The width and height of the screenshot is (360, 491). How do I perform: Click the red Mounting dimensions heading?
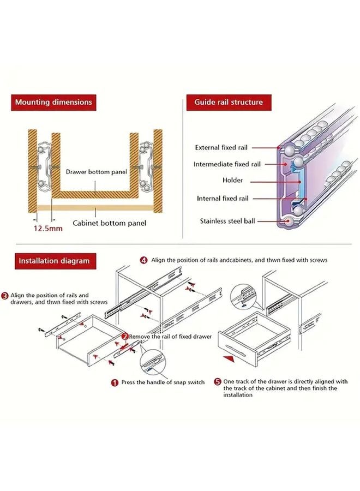53,102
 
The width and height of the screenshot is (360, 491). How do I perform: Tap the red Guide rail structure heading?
229,102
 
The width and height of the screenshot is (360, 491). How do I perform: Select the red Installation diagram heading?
53,261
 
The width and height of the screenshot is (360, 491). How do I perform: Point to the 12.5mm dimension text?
48,229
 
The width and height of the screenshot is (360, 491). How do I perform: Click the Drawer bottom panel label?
96,171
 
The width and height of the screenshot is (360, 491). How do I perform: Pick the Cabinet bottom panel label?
110,223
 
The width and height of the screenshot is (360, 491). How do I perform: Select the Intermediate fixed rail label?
227,164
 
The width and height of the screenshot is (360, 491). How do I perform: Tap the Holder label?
232,181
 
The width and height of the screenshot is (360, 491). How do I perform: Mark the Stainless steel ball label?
226,221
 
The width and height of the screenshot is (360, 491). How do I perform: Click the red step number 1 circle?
115,383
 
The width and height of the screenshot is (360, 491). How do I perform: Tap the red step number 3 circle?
4,295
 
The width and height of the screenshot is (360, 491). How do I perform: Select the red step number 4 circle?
143,260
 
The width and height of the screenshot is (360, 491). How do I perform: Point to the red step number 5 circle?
217,382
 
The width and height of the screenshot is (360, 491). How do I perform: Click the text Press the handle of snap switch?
163,382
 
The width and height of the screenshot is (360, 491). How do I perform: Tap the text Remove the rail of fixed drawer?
170,337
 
